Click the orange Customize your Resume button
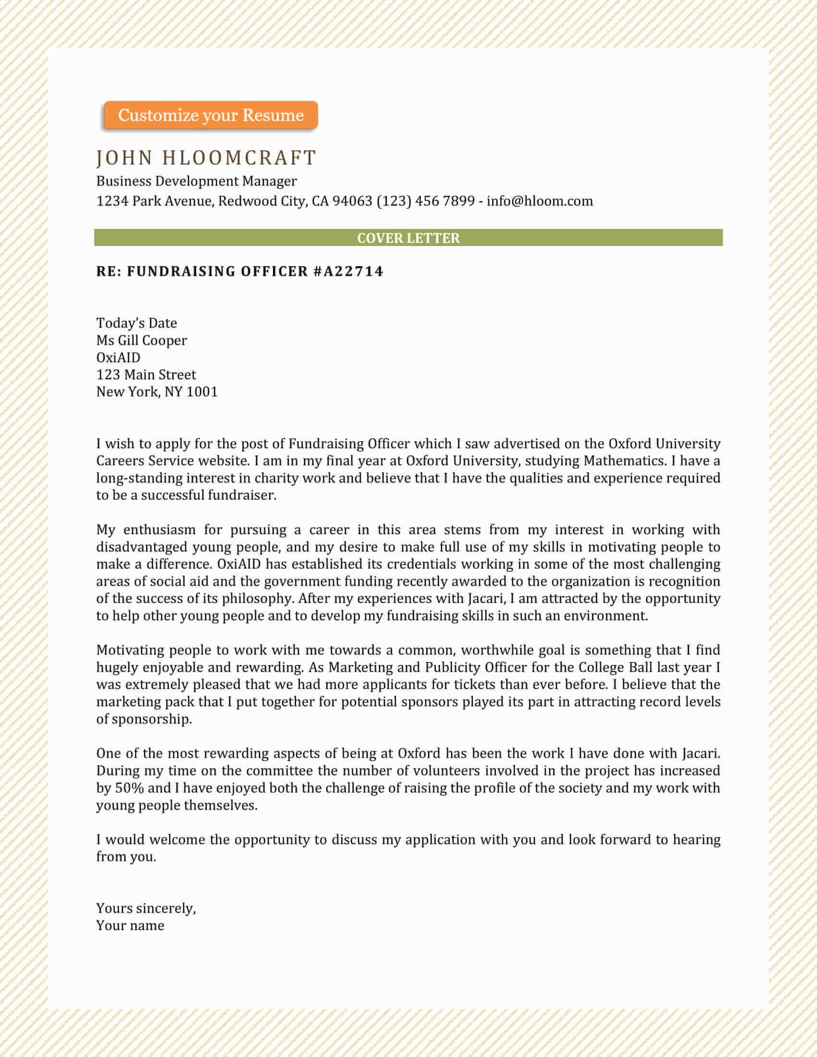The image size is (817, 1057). [210, 115]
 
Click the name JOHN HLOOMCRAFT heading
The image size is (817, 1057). [206, 158]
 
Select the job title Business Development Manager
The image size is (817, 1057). [196, 181]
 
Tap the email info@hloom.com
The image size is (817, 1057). [540, 201]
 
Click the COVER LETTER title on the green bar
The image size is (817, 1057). [408, 238]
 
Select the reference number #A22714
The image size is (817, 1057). [348, 271]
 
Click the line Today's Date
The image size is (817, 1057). [136, 323]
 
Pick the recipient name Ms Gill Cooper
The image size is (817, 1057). [141, 340]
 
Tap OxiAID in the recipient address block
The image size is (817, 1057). [118, 357]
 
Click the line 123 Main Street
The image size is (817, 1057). [146, 375]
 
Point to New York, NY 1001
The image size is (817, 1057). [157, 392]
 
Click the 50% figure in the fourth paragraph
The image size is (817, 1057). [129, 788]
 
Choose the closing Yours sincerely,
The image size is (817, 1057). [146, 909]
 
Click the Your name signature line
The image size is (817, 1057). [130, 925]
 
